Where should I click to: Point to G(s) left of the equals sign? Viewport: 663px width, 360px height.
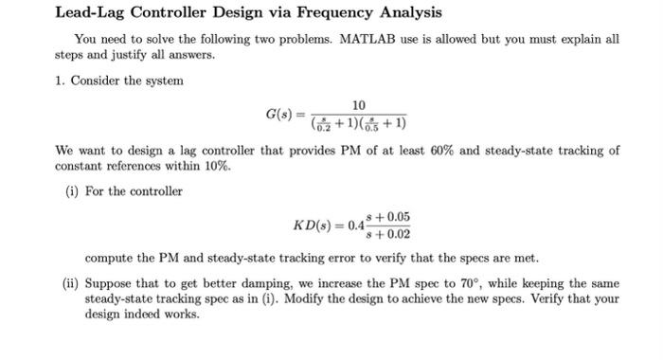280,116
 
